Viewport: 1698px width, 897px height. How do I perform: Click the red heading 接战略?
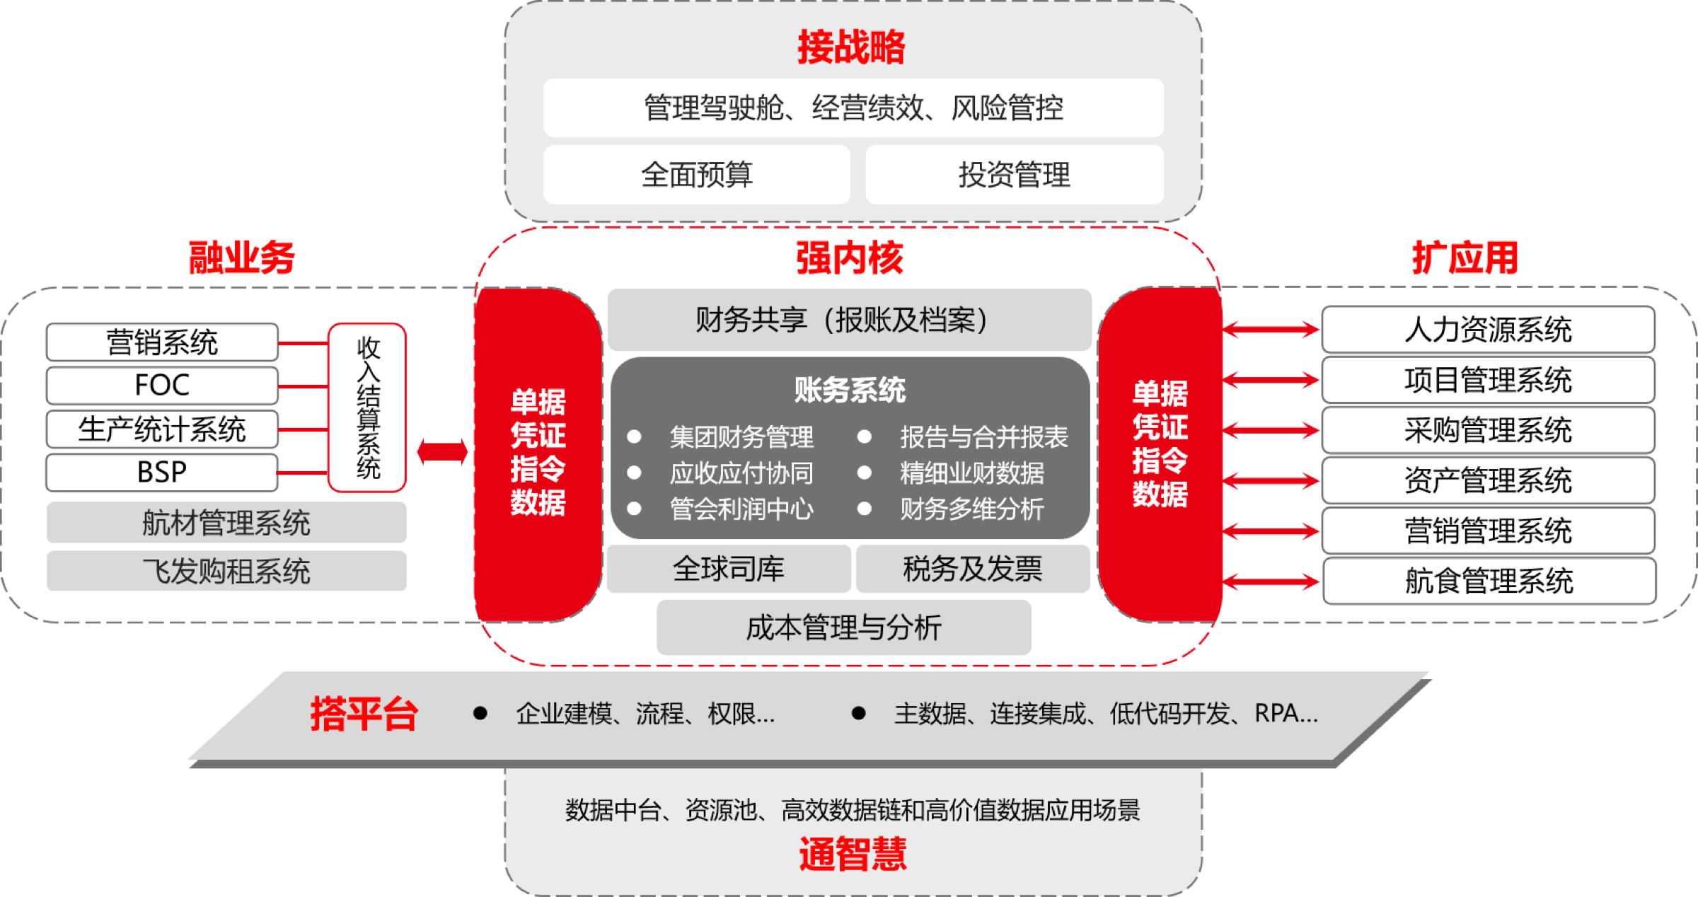click(x=851, y=47)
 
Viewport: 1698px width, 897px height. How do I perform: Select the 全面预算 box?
click(x=696, y=175)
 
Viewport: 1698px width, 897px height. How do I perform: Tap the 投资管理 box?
click(x=1014, y=175)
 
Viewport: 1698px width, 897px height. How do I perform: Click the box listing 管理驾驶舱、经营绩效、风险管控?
click(x=853, y=108)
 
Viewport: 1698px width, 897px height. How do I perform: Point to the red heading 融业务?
click(x=241, y=257)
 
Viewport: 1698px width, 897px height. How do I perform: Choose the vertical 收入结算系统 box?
click(x=368, y=407)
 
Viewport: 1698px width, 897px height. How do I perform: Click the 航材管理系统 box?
click(x=226, y=523)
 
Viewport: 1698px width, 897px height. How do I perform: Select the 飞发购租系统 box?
click(x=226, y=571)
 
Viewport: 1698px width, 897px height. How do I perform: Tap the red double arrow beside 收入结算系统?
click(x=442, y=451)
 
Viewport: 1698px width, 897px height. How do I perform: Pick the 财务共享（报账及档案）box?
click(x=849, y=320)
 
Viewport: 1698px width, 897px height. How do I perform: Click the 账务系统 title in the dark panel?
click(x=850, y=390)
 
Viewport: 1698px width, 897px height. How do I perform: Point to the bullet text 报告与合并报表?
click(x=983, y=437)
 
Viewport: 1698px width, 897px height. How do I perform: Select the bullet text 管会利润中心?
click(x=741, y=509)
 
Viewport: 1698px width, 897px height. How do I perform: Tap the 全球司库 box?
click(x=728, y=569)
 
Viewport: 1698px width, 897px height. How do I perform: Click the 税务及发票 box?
click(x=973, y=569)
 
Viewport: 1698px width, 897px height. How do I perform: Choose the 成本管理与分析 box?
click(x=844, y=627)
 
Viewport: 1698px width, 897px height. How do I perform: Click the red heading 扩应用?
click(x=1465, y=257)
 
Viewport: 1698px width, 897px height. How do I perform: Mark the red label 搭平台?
click(x=364, y=714)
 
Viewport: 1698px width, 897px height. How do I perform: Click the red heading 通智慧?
click(x=853, y=854)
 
